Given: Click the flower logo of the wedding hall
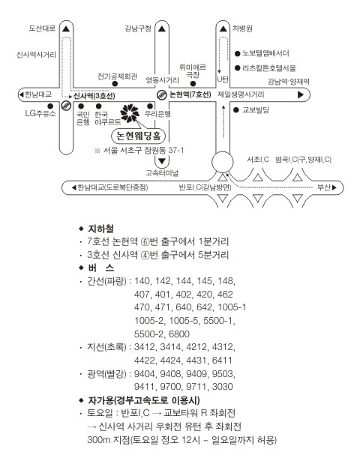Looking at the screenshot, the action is (x=130, y=113).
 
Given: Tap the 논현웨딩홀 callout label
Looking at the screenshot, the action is (x=138, y=136).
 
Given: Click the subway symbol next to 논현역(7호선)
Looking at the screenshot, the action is (x=162, y=95).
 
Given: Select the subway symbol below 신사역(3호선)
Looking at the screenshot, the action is (x=66, y=106).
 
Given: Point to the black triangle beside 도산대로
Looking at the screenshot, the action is (x=66, y=29).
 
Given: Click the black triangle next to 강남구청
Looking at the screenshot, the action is (x=162, y=29).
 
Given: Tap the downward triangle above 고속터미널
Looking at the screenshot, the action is (x=162, y=161).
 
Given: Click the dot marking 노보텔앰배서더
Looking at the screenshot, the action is (x=238, y=54).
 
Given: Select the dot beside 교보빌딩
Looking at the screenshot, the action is (x=236, y=110).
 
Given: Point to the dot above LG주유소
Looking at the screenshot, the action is (x=50, y=106).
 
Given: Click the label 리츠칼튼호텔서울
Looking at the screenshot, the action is (x=269, y=68).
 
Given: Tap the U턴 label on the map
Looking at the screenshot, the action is (x=223, y=79).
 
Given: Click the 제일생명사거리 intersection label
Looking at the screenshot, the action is (x=241, y=94).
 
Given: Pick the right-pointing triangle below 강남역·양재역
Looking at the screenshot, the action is (x=301, y=95).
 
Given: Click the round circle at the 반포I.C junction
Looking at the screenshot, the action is (x=222, y=162).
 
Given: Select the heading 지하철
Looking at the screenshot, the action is (x=100, y=229).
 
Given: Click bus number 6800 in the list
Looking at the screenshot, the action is (x=179, y=334).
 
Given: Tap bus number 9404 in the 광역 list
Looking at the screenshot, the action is (x=145, y=374).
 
